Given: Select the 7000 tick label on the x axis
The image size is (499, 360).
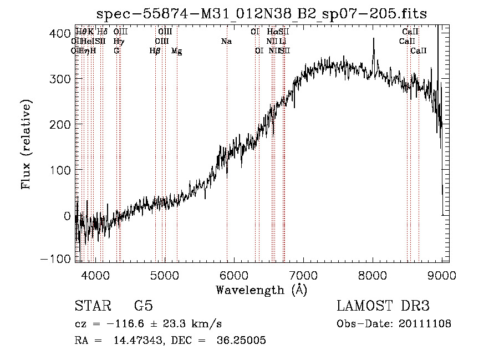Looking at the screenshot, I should [x=303, y=275].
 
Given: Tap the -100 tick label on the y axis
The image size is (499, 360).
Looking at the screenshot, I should [x=55, y=259].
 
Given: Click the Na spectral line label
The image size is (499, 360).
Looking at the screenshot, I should [x=226, y=42].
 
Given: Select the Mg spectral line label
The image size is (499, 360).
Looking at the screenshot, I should [x=176, y=51].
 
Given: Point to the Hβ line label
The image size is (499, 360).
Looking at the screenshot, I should [x=155, y=51].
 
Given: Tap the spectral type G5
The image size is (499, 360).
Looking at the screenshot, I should [x=144, y=306].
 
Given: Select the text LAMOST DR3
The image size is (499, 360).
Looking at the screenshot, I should [x=383, y=306].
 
